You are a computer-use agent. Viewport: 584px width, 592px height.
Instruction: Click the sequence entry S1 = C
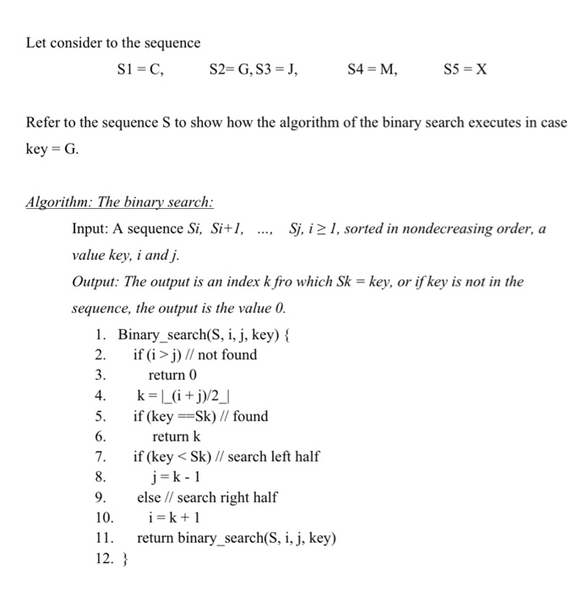click(x=139, y=71)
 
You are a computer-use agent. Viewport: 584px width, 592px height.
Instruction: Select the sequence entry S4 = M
click(x=372, y=71)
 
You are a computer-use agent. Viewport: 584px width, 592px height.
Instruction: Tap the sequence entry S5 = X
click(x=466, y=71)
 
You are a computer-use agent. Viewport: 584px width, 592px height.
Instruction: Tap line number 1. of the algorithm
click(x=101, y=335)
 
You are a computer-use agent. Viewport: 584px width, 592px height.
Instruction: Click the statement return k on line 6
click(x=176, y=436)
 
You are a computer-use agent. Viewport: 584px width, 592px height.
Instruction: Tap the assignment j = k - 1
click(x=175, y=477)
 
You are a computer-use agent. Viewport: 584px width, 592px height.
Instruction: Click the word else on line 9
click(x=148, y=497)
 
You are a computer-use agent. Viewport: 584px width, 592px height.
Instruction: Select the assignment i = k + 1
click(x=174, y=518)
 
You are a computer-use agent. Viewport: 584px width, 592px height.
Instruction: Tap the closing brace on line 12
click(x=123, y=558)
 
